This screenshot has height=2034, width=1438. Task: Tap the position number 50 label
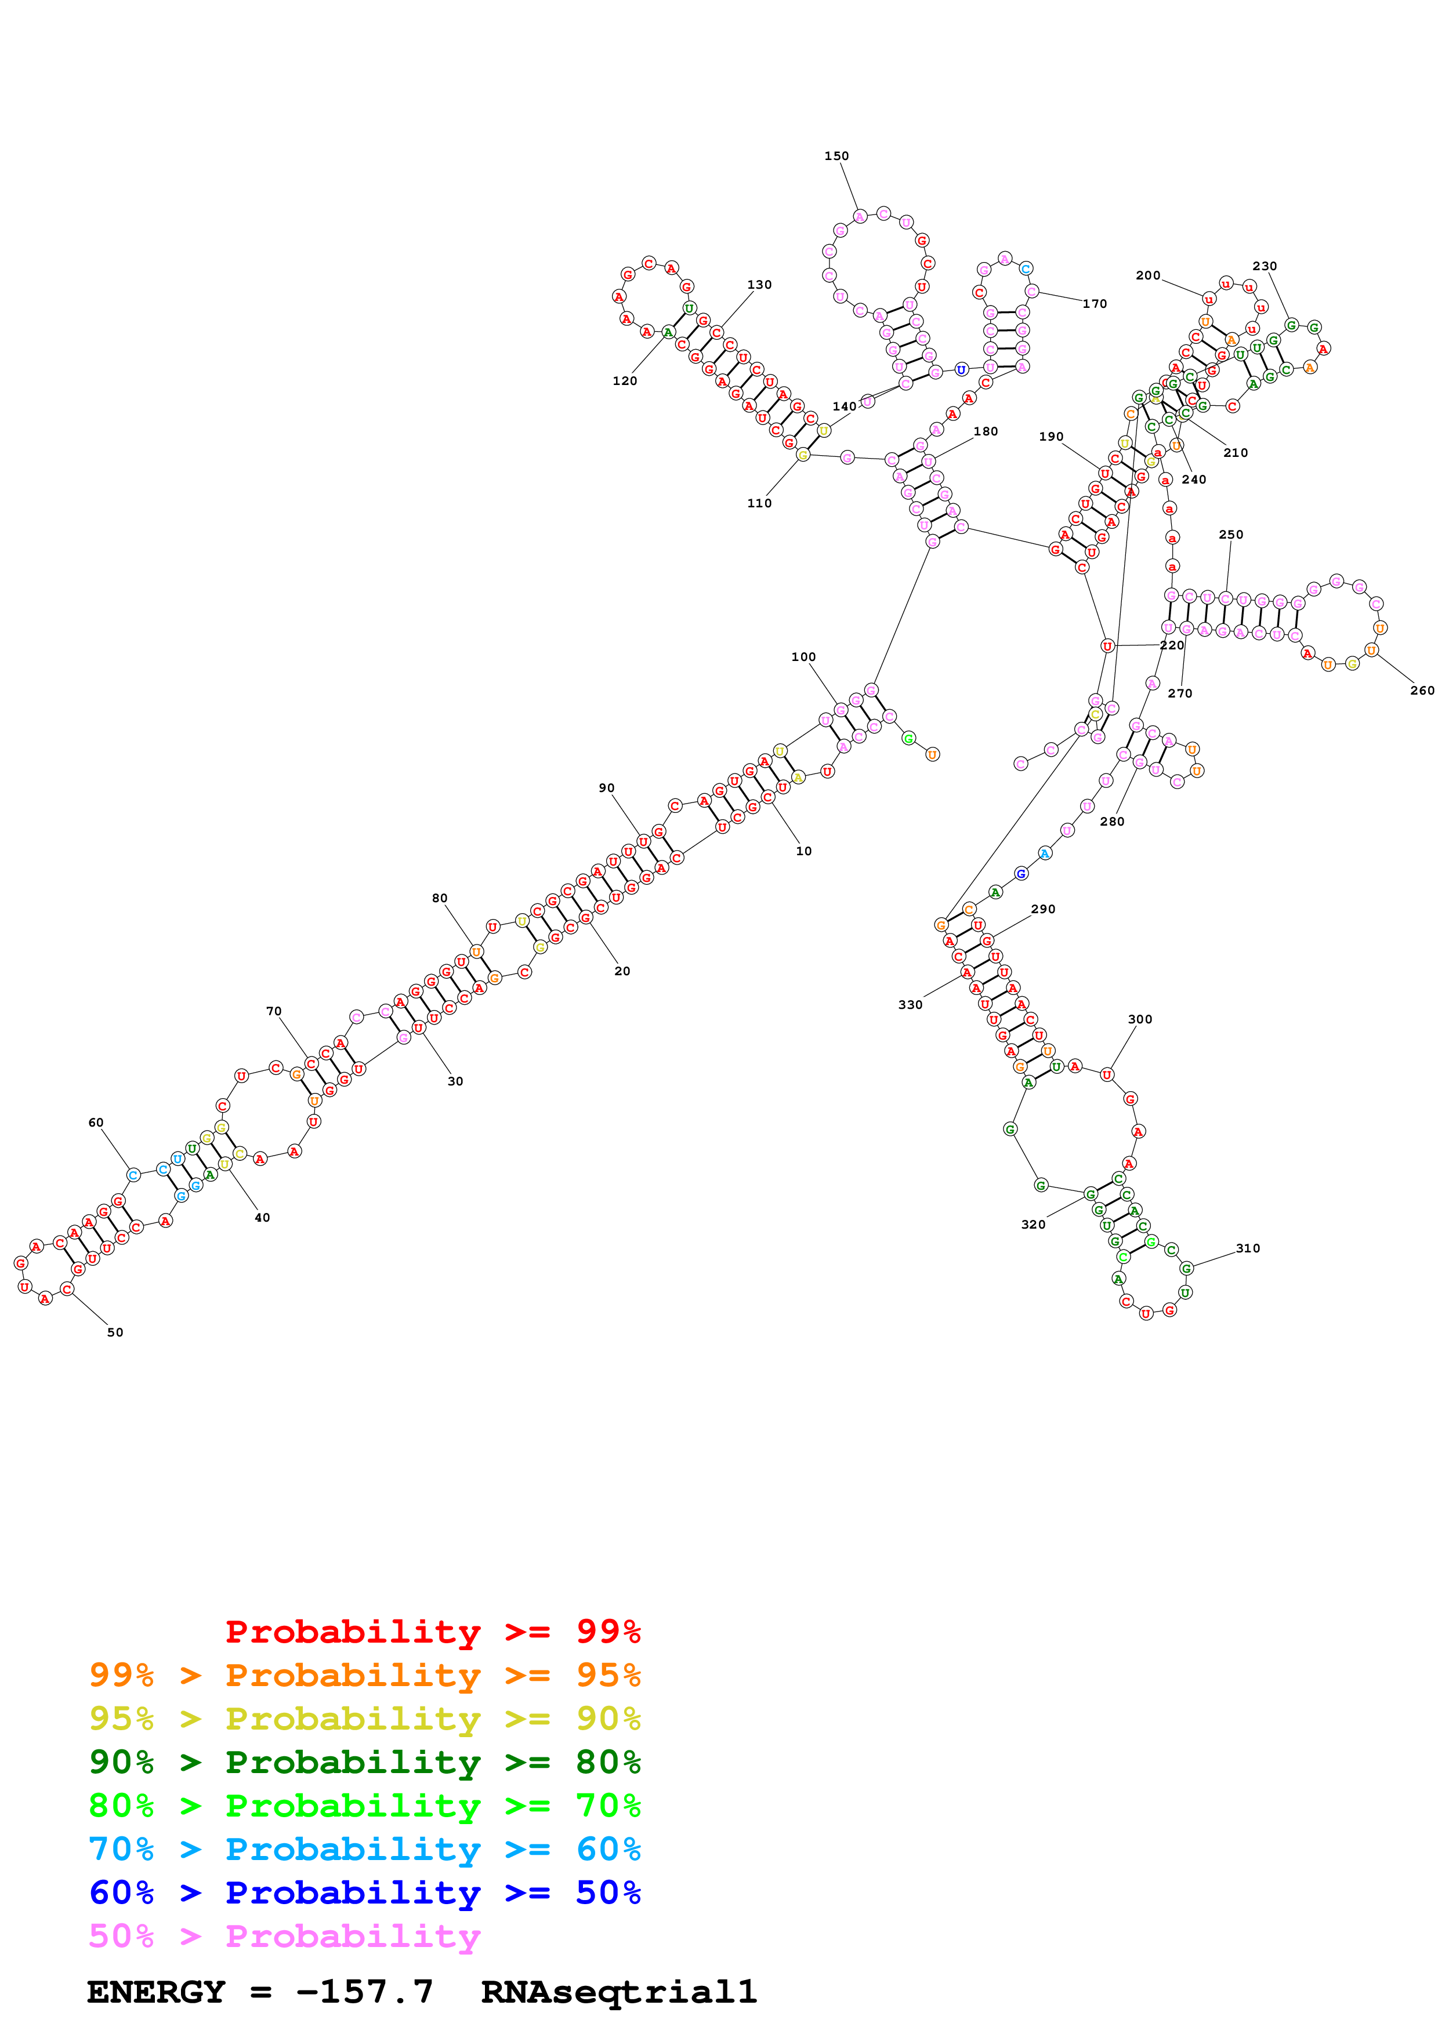coord(115,1332)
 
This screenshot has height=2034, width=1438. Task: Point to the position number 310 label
coord(1248,1248)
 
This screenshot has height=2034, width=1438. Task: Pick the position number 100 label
coord(803,658)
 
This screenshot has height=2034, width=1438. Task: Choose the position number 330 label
coord(910,1005)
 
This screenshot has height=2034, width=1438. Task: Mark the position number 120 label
coord(625,381)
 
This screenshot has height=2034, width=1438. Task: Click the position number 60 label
coord(96,1123)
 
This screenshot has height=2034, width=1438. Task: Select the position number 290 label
coord(1043,909)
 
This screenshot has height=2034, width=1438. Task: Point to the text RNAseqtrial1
coord(618,1992)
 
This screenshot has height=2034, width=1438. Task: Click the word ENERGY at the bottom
coord(156,1992)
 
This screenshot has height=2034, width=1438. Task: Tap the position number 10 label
coord(803,851)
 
